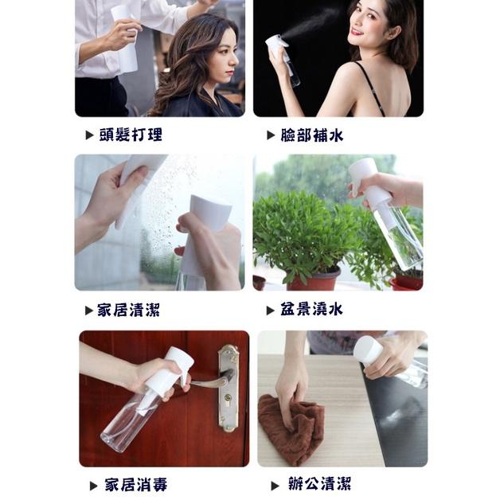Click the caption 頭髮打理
pos(131,135)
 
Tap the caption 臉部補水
pos(311,135)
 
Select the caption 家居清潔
pos(129,310)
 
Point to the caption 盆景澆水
pos(311,310)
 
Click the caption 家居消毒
pos(135,484)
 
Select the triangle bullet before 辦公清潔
pos(275,485)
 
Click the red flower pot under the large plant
pos(314,279)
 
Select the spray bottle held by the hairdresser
pos(126,40)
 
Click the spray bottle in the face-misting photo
pos(282,56)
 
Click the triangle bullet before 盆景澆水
pos(271,311)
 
